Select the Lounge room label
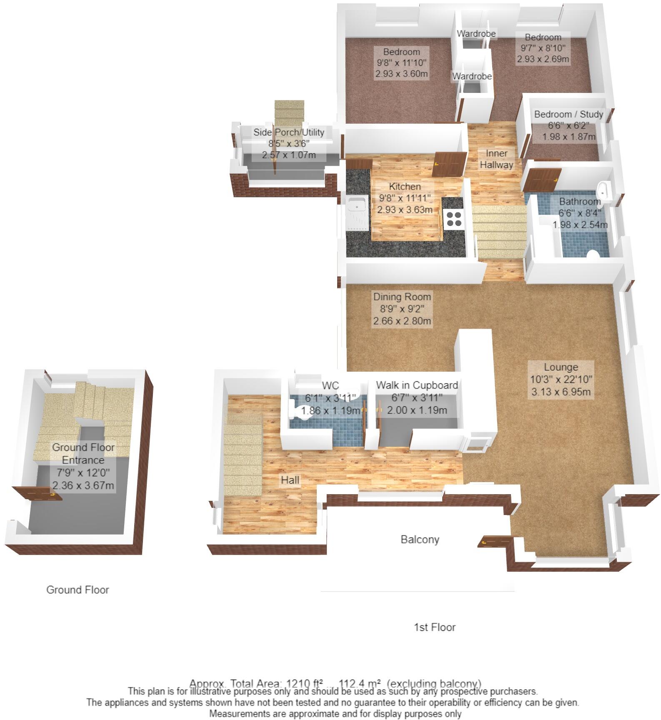[561, 367]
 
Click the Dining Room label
[402, 297]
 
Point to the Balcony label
[420, 540]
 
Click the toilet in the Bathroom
[592, 254]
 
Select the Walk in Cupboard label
[417, 385]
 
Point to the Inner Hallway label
[496, 159]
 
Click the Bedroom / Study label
[568, 114]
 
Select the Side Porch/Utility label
[289, 132]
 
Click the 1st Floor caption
[434, 627]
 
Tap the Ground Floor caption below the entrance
[78, 590]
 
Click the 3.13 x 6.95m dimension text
[561, 392]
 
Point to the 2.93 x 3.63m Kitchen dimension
[404, 210]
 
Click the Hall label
[290, 480]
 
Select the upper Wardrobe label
[476, 33]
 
